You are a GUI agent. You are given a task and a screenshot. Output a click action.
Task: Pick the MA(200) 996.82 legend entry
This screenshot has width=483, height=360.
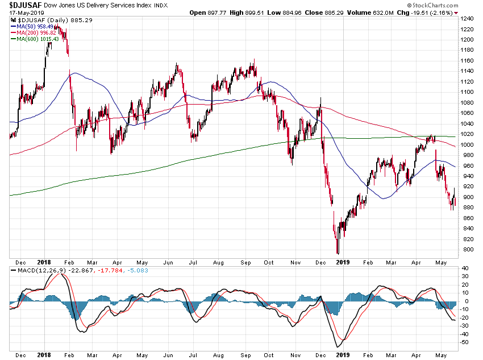click(35, 32)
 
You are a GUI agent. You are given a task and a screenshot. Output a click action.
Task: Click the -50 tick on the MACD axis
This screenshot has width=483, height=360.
click(465, 342)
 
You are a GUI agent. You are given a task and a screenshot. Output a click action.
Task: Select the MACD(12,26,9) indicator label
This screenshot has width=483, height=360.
click(36, 270)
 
